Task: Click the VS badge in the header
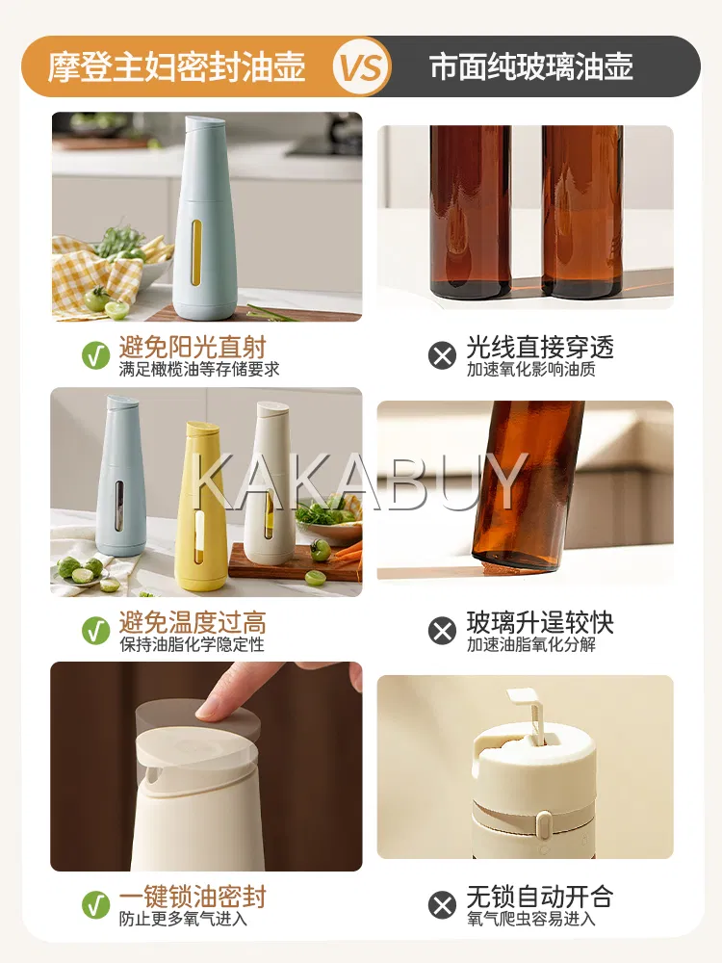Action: [362, 66]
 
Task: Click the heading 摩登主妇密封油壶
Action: [177, 67]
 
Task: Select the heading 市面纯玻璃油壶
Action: [531, 67]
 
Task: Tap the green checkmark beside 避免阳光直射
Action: [95, 355]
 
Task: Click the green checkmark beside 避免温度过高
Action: [95, 631]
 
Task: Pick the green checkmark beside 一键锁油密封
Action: [95, 905]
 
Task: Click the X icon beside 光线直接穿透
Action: [442, 355]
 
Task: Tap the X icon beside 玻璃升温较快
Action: [442, 631]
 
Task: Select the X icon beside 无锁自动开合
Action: [442, 905]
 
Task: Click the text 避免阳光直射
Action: [193, 347]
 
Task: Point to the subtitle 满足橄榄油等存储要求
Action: [199, 369]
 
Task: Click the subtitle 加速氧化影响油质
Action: [531, 369]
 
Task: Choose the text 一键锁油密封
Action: [193, 897]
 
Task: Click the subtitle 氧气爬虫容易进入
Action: [531, 919]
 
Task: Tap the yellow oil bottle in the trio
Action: [201, 507]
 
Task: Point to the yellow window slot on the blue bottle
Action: [196, 252]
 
